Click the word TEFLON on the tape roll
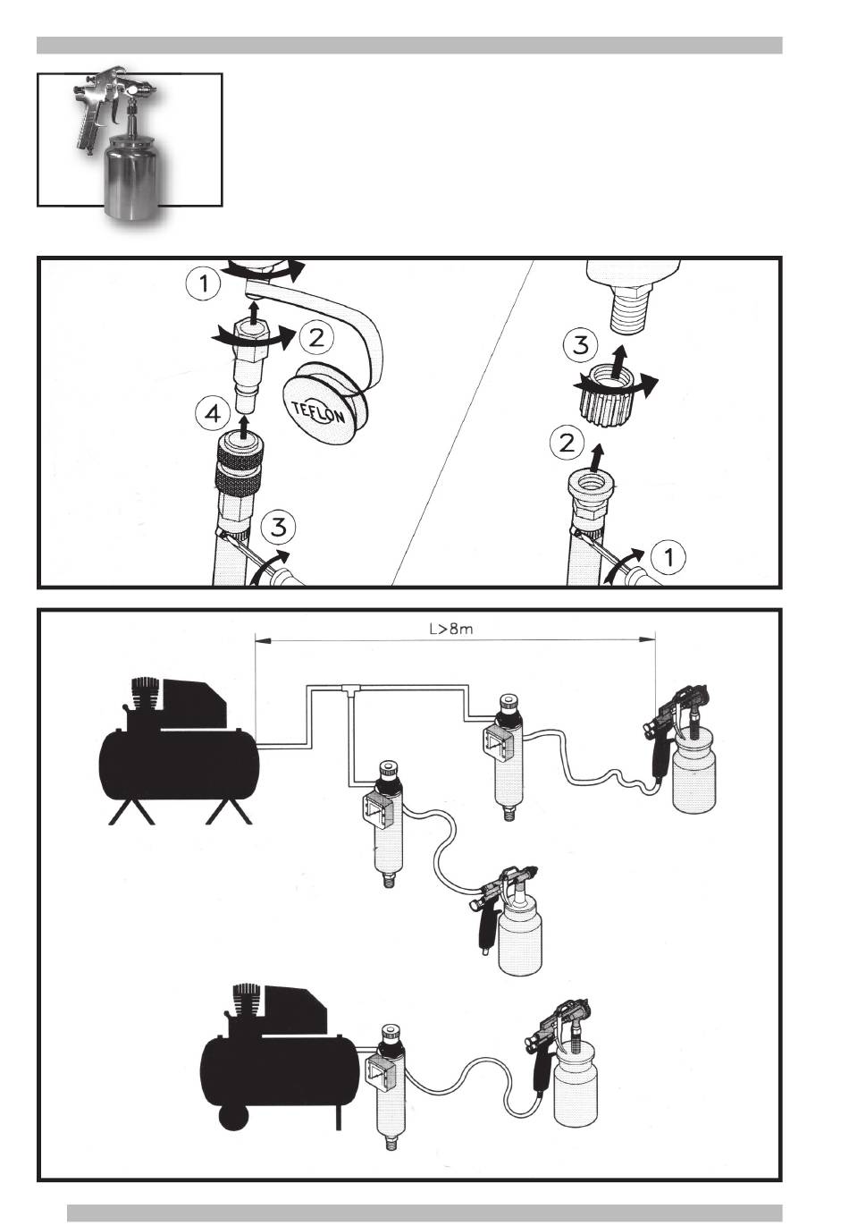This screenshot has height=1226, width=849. point(318,413)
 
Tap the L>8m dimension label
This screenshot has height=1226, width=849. point(451,629)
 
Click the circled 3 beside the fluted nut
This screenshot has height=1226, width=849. point(580,345)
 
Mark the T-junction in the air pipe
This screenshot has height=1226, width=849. point(349,689)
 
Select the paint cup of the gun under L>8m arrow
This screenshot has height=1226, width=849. point(693,774)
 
